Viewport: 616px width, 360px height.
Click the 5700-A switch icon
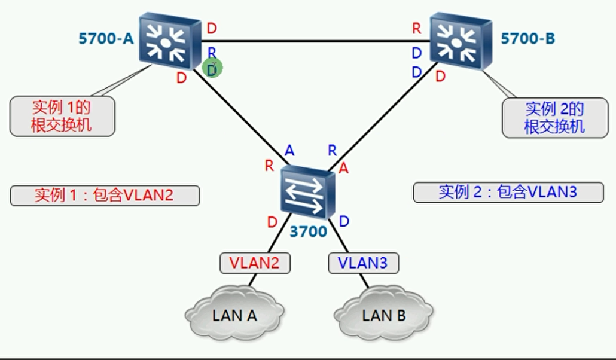pos(169,41)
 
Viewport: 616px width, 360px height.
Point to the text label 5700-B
pos(527,39)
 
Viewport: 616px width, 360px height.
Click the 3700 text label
pos(308,231)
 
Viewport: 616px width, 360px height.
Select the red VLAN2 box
pos(255,263)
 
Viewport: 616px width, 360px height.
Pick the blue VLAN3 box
pos(362,263)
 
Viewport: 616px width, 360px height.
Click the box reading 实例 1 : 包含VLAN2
pos(105,195)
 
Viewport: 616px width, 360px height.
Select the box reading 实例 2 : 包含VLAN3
pos(508,192)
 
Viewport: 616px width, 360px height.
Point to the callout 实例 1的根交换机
pos(62,117)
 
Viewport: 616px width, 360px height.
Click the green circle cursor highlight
pos(212,69)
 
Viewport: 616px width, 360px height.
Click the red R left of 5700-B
pos(417,28)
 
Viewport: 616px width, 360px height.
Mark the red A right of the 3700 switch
pos(343,169)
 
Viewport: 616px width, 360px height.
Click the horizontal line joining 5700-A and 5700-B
pos(311,41)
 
